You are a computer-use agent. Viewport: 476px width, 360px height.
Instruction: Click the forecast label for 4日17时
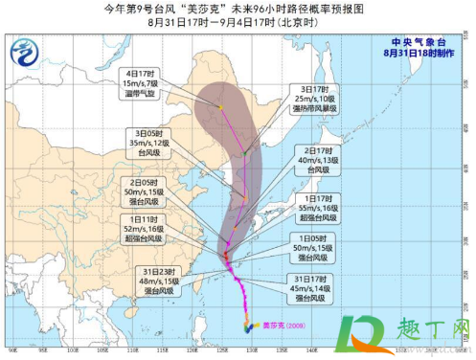pyautogui.click(x=142, y=84)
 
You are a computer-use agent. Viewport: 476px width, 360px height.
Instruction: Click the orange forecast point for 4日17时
pyautogui.click(x=219, y=107)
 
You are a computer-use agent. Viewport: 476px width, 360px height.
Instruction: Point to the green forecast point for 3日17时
pyautogui.click(x=245, y=152)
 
